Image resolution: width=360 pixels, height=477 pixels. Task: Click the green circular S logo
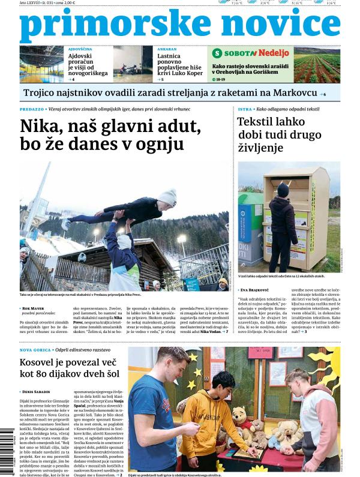(217, 53)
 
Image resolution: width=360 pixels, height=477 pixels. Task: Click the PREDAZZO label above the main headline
(31, 109)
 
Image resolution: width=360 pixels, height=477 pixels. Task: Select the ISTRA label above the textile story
(244, 109)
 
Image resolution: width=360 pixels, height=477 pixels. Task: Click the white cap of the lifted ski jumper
(168, 195)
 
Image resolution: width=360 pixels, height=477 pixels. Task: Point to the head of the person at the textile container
(283, 190)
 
